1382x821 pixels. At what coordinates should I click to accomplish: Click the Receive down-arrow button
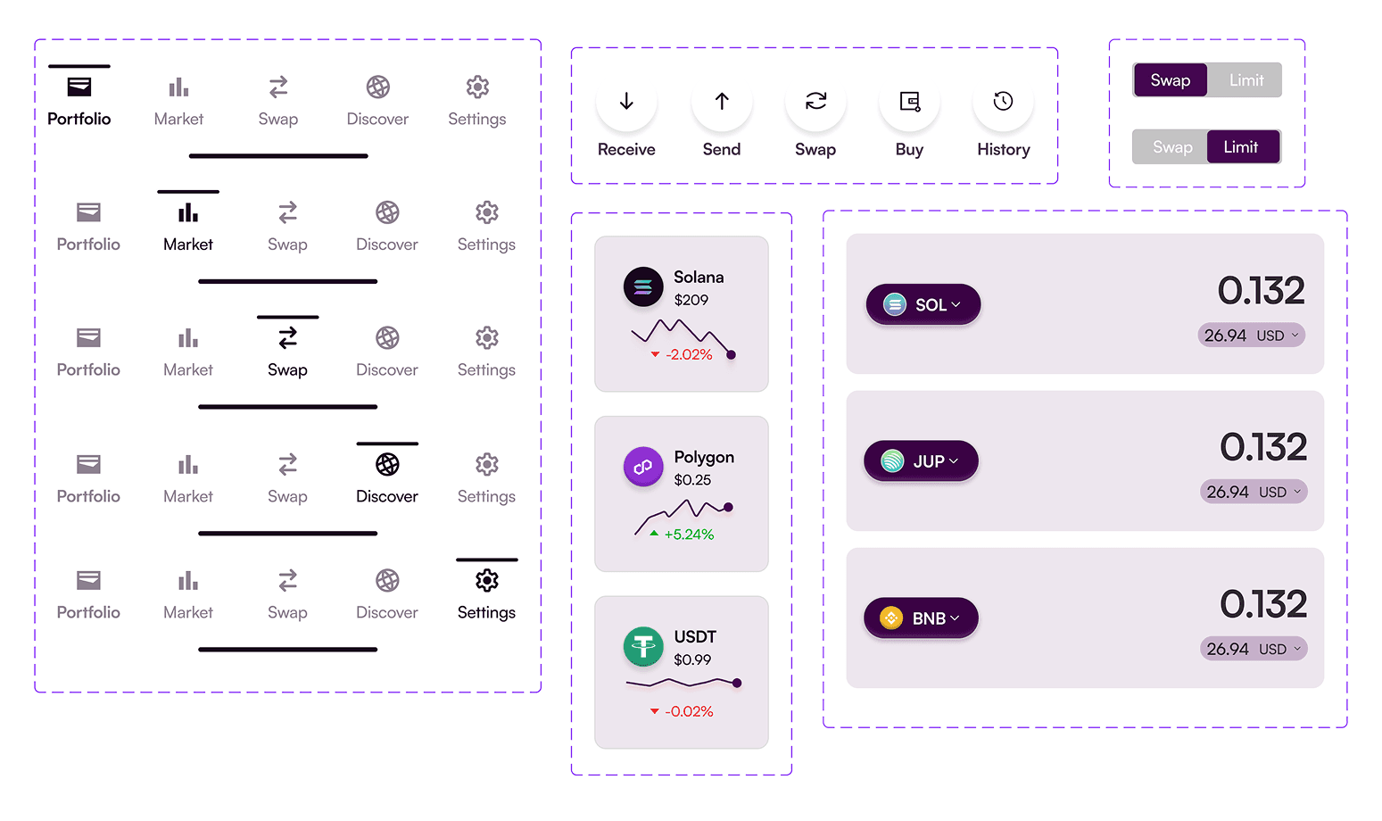626,102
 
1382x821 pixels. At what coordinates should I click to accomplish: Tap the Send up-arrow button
722,102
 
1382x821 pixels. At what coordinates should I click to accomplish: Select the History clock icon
1003,102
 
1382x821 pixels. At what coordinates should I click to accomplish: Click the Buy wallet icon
909,102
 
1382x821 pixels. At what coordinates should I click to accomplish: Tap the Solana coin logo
643,287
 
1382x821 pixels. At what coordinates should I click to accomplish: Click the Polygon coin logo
643,467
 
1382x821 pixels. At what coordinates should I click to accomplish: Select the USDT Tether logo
643,647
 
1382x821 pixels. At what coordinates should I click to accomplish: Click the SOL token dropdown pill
923,305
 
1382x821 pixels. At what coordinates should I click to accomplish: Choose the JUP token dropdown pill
921,461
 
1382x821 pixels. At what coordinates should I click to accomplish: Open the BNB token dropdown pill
921,618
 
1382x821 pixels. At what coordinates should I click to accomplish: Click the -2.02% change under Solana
688,355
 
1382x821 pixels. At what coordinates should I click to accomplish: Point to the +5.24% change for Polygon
688,535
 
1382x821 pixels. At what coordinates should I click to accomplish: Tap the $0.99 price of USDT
692,660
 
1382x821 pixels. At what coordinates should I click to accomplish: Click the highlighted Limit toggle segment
1243,147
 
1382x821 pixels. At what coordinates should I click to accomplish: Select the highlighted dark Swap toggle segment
1170,80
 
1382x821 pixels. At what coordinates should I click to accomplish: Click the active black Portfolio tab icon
79,87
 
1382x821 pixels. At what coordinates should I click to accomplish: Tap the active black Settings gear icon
486,581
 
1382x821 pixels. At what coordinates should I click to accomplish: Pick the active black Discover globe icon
387,465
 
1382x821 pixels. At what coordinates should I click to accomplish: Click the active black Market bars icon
188,213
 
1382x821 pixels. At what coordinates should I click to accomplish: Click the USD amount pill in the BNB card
1253,650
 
